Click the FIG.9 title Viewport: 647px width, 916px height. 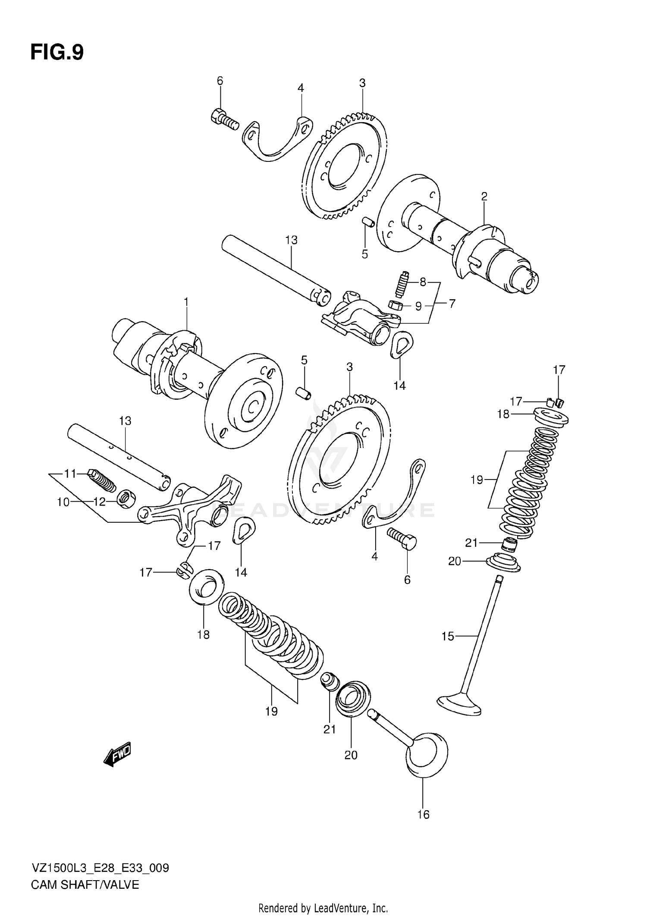click(57, 52)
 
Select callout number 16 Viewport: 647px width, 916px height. click(423, 815)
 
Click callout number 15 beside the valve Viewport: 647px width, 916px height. click(448, 636)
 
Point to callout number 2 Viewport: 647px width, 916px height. click(484, 196)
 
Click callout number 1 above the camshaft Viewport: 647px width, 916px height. click(186, 302)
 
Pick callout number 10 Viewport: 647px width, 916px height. click(63, 502)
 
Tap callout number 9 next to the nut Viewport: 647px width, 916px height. click(418, 306)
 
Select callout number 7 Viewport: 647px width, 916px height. click(451, 303)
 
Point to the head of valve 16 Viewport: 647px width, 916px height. click(427, 754)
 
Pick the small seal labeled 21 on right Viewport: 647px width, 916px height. click(510, 545)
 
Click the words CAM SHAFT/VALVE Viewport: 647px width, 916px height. click(85, 885)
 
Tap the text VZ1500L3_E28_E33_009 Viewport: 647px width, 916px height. click(100, 868)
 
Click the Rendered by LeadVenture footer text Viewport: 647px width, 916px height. click(323, 907)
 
